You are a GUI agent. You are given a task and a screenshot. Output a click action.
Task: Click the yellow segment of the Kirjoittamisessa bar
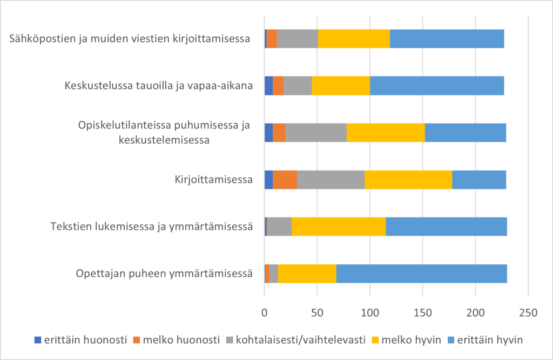[408, 180]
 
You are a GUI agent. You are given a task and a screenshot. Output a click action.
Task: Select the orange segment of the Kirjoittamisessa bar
[285, 180]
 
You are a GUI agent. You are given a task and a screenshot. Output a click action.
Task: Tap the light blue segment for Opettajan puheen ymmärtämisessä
[421, 274]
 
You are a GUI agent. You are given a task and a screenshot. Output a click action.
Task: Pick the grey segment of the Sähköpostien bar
[298, 39]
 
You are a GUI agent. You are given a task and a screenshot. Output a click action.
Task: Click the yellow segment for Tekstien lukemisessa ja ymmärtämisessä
[339, 227]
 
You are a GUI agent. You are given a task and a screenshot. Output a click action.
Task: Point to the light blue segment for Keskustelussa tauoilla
[437, 86]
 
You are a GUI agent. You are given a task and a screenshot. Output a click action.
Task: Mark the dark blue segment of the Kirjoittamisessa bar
[268, 180]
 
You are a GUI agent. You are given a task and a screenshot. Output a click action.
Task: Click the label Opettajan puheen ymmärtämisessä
[165, 274]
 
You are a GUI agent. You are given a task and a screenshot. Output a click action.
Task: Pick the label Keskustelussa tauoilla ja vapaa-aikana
[159, 86]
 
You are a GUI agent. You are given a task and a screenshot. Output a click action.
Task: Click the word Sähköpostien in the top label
[41, 39]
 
